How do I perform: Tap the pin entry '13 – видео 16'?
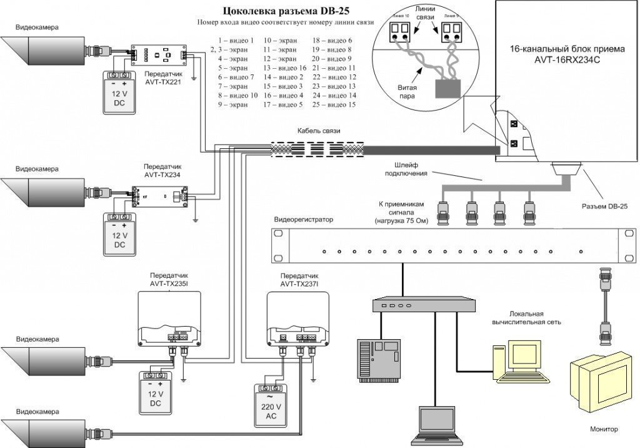pyautogui.click(x=284, y=68)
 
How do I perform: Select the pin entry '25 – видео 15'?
pyautogui.click(x=334, y=105)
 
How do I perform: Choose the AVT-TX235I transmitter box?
pyautogui.click(x=169, y=320)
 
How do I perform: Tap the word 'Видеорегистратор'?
pyautogui.click(x=304, y=220)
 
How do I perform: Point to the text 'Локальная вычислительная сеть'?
pyautogui.click(x=526, y=317)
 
